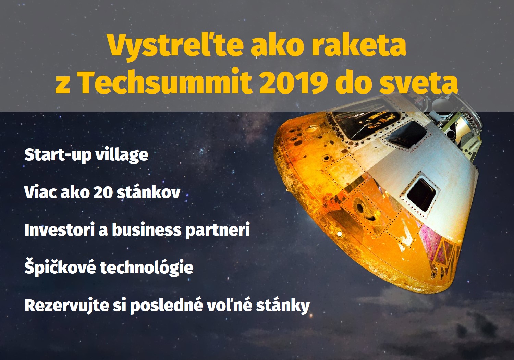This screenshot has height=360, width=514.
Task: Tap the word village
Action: coord(122,155)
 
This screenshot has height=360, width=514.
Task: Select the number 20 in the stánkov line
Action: coord(102,192)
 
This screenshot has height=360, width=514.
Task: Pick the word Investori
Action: coord(59,230)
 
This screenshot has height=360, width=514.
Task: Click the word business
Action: coord(147,229)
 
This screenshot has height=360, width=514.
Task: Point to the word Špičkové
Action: coord(60,267)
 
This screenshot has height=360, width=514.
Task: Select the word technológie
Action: coord(147,267)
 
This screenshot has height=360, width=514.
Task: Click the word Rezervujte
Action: coord(66,306)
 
